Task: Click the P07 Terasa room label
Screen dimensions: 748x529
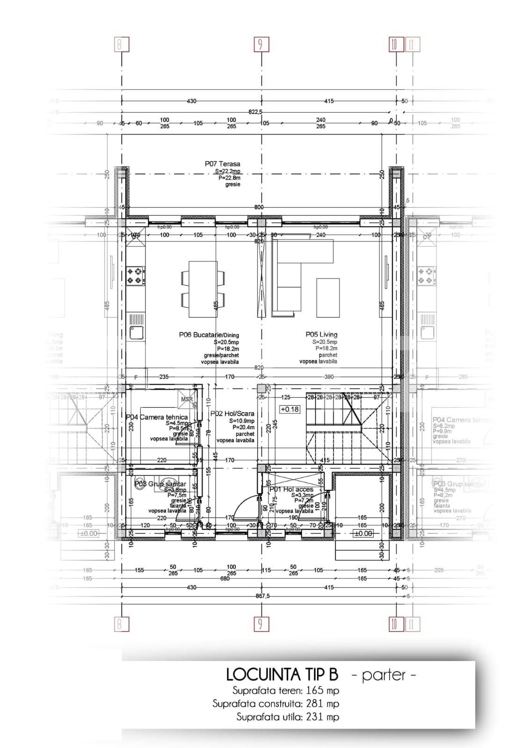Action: [222, 164]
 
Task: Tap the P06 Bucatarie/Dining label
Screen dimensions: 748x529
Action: [209, 335]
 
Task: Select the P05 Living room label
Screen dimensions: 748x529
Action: [321, 334]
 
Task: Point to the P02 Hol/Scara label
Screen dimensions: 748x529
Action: [232, 413]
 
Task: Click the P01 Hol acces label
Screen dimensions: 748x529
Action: [291, 489]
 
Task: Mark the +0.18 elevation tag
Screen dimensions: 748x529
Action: [289, 409]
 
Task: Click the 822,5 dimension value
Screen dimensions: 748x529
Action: [255, 112]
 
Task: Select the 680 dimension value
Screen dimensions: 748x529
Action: [225, 579]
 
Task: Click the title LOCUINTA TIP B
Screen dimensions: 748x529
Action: [282, 675]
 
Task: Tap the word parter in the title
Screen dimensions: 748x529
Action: [383, 675]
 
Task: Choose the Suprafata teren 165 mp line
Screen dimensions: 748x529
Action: [285, 690]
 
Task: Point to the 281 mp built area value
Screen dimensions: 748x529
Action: [323, 704]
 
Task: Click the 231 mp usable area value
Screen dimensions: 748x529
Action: [323, 717]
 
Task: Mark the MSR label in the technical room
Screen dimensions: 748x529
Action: [187, 399]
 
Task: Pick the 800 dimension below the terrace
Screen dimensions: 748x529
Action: [259, 207]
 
